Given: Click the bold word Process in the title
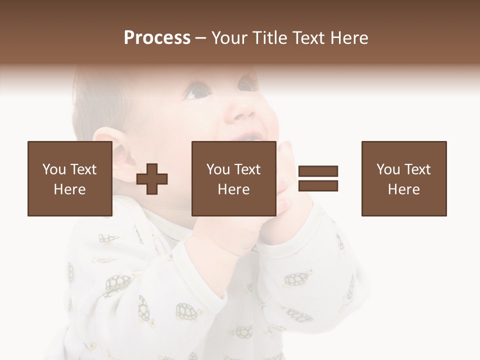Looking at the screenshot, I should (x=157, y=38).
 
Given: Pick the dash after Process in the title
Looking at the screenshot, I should (x=200, y=38).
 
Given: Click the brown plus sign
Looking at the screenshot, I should (x=152, y=179).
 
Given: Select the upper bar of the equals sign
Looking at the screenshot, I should (x=318, y=171).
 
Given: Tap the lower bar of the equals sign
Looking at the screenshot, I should (x=318, y=186).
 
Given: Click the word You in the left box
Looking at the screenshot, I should (x=53, y=169).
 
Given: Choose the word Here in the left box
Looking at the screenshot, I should (x=69, y=189).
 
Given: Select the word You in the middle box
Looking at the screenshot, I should (x=217, y=169).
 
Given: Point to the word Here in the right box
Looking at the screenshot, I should (x=404, y=189).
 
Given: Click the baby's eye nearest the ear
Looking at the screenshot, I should (x=197, y=92).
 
